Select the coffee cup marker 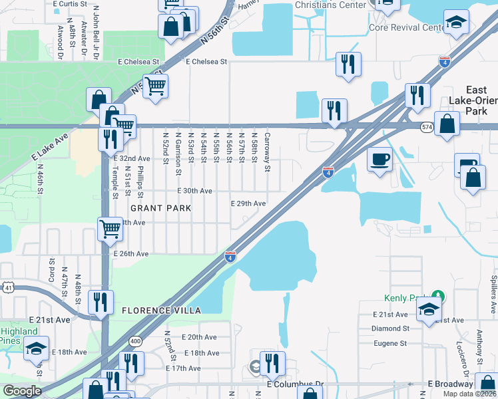coord(379,160)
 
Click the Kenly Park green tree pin coord(437,296)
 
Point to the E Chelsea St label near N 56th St coord(207,62)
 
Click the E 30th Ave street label coord(194,191)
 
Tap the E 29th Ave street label coord(248,203)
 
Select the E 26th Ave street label coord(131,254)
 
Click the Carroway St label coord(267,152)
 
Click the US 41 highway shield coord(7,286)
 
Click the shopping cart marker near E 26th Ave coord(110,229)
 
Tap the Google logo coord(22,391)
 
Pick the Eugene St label coord(389,343)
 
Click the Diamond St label coord(390,329)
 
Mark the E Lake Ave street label coord(49,148)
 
